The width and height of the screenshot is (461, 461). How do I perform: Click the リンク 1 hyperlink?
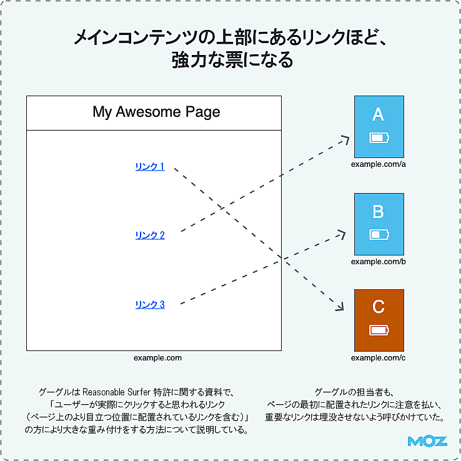(x=150, y=167)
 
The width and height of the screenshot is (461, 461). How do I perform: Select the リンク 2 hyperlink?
(x=150, y=235)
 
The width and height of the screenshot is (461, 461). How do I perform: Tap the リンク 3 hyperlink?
(x=150, y=305)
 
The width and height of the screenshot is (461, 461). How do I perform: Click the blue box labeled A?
(x=379, y=126)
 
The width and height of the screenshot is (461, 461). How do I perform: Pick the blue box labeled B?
(x=379, y=224)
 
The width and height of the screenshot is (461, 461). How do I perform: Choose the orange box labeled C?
(x=379, y=319)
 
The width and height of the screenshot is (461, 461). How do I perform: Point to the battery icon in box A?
(x=379, y=137)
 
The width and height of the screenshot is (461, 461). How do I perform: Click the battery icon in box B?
(x=379, y=234)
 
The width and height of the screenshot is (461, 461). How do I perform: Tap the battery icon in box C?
(x=379, y=330)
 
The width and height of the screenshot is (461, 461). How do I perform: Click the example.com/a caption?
(x=379, y=164)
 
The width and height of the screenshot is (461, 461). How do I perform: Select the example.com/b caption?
(x=379, y=262)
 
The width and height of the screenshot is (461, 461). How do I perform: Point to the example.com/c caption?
(x=379, y=358)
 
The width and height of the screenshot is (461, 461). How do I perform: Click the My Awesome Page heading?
(x=156, y=112)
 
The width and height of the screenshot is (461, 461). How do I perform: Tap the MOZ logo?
(x=427, y=441)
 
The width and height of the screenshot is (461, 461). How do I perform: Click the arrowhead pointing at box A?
(x=345, y=139)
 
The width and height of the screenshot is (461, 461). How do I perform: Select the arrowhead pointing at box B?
(x=341, y=232)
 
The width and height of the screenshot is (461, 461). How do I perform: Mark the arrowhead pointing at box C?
(x=340, y=307)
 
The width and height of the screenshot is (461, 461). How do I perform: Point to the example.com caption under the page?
(x=157, y=358)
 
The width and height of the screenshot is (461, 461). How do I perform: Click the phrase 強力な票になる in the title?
(x=231, y=61)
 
